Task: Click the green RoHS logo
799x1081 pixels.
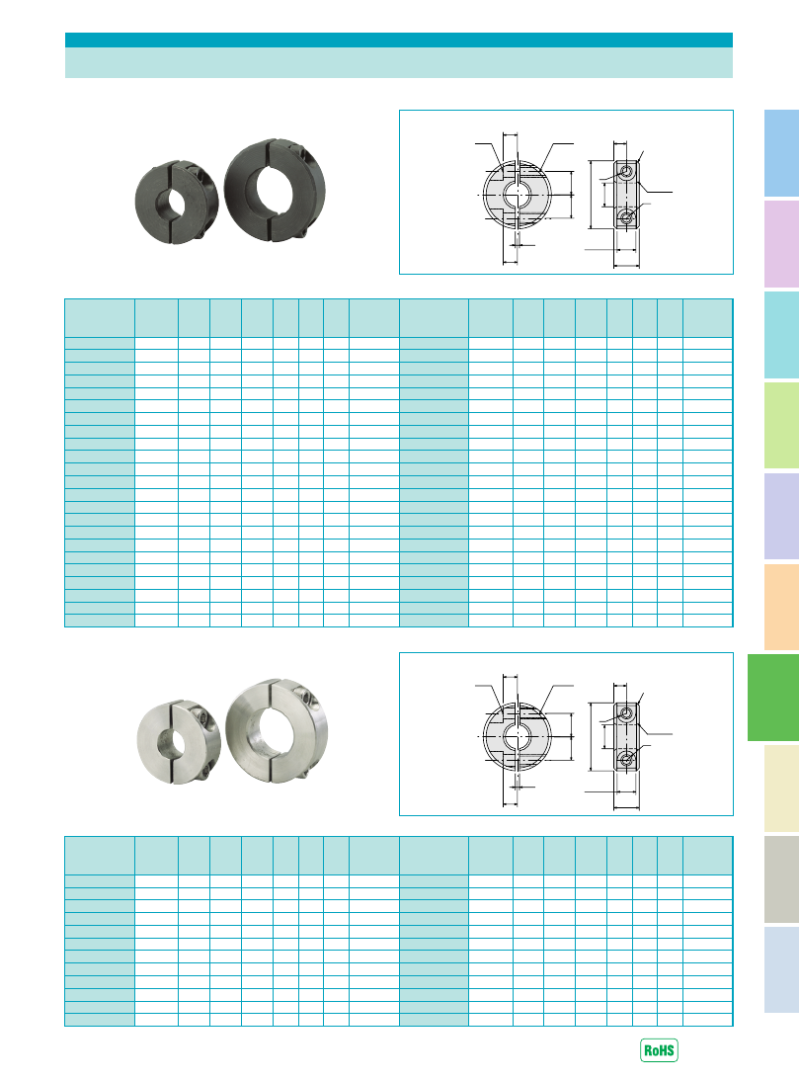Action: (x=659, y=1050)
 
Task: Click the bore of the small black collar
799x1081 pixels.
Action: (x=170, y=201)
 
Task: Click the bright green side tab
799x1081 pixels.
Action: (x=772, y=698)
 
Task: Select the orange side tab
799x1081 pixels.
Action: (x=782, y=607)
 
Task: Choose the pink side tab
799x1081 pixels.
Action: (x=782, y=244)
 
